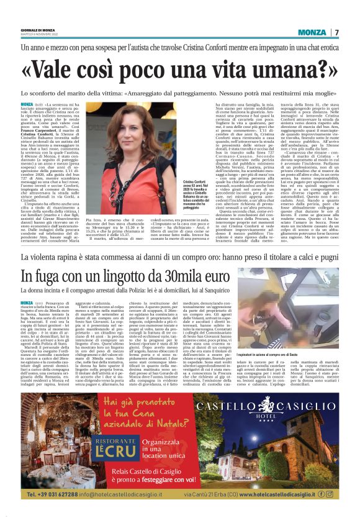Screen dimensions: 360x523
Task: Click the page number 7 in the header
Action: [337, 32]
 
